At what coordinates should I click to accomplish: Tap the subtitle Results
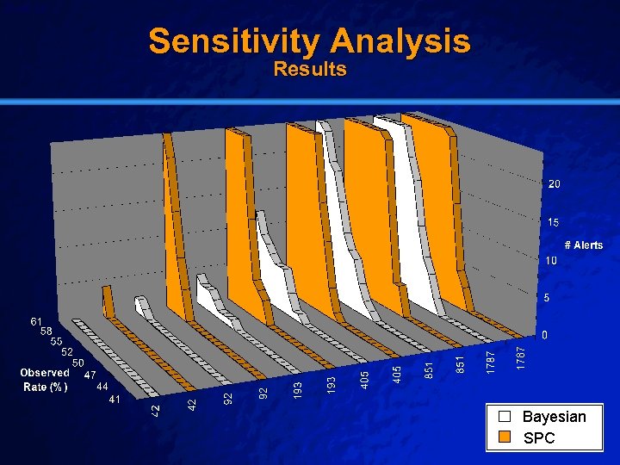[310, 69]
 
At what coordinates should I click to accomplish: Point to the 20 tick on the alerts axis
[555, 184]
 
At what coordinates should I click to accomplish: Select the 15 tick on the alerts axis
[555, 222]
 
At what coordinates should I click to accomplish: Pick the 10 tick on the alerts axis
[549, 260]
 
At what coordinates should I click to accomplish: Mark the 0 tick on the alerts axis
[543, 334]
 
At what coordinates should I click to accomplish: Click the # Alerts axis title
[584, 245]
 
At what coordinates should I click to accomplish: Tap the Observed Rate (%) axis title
[45, 380]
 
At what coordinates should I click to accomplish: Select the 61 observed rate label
[37, 321]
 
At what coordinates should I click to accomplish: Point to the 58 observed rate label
[47, 331]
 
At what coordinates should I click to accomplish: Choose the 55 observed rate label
[57, 341]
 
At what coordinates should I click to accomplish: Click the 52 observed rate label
[66, 351]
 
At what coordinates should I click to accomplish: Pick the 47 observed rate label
[89, 375]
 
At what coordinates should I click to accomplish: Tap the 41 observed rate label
[115, 400]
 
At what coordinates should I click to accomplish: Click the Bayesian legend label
[554, 417]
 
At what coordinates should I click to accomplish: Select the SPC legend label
[540, 437]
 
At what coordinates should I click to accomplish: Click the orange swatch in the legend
[506, 437]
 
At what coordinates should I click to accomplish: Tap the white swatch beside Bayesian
[506, 417]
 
